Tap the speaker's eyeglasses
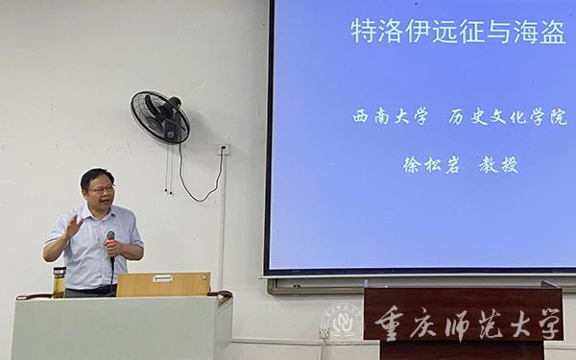101,189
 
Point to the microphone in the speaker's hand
110,240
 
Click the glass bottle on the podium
60,282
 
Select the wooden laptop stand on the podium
162,284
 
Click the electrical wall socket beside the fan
223,149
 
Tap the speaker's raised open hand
72,228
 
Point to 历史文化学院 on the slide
507,117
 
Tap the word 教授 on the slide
498,164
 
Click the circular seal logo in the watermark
342,324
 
